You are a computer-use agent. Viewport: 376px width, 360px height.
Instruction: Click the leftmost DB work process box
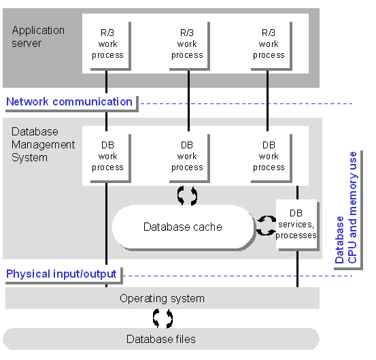point(108,157)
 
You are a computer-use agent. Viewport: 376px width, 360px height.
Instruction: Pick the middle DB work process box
point(188,157)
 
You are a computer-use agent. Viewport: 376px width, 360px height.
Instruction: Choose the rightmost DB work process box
point(269,157)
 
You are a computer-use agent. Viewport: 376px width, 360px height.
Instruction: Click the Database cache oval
point(183,227)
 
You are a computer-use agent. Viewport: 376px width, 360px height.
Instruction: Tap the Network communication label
point(69,102)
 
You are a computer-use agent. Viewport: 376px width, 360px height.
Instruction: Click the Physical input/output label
point(61,274)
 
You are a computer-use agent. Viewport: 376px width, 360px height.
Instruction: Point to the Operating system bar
point(163,298)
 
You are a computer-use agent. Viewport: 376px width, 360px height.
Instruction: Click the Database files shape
point(161,339)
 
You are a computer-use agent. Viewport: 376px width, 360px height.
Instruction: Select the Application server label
point(38,37)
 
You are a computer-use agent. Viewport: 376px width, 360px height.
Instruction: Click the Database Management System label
point(43,145)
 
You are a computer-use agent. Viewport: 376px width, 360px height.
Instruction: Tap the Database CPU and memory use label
point(346,208)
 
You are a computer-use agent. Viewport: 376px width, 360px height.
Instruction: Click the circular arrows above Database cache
point(187,195)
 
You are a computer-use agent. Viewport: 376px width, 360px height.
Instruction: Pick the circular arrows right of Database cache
point(266,225)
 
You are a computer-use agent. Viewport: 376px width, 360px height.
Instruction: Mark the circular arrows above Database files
point(163,318)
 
